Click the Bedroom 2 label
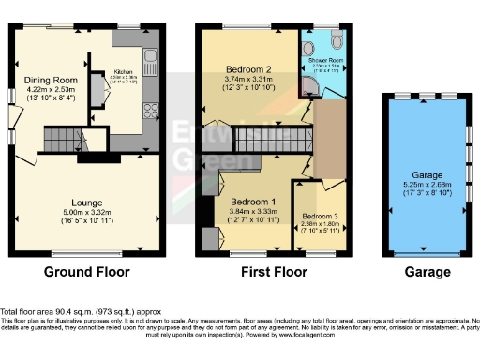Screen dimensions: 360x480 (x=249, y=69)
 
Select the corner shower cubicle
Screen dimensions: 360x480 (x=311, y=87)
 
